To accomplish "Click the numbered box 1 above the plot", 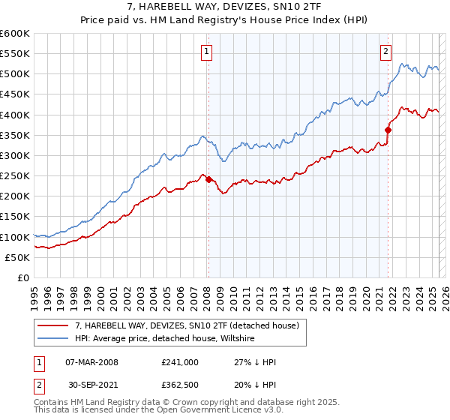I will click(x=206, y=52).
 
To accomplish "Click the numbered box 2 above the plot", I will click(x=385, y=52).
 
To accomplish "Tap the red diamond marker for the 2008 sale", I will click(x=208, y=179).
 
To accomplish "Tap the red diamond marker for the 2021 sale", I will click(x=388, y=130).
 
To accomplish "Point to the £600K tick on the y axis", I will click(x=15, y=34).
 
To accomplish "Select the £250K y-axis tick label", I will click(x=15, y=175).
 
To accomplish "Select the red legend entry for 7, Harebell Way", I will click(x=187, y=325).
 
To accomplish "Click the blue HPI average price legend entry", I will click(x=165, y=338).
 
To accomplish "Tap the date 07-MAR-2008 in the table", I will click(x=92, y=361).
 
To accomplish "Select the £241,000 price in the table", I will click(x=180, y=361).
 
